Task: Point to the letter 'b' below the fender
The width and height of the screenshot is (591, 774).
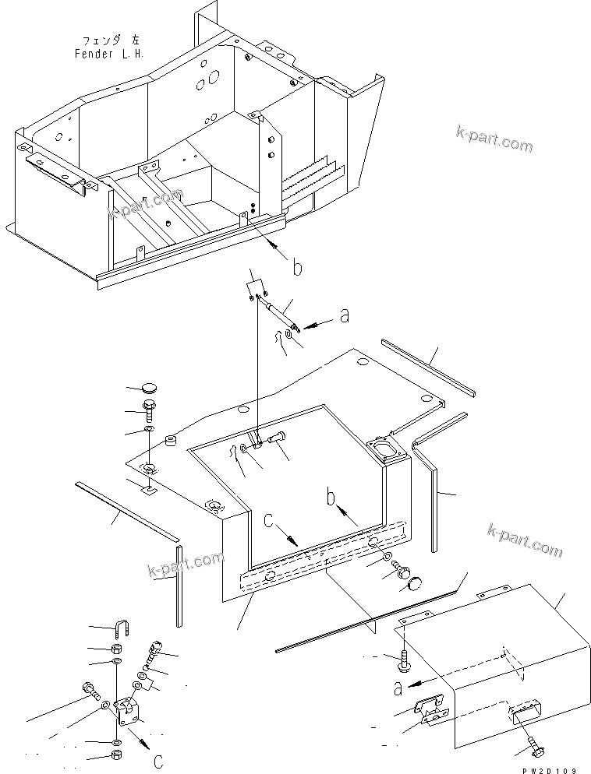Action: click(296, 269)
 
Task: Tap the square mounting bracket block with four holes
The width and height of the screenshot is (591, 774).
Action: click(126, 711)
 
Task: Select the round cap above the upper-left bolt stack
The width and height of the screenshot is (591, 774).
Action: click(150, 389)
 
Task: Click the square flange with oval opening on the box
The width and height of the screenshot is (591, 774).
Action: click(382, 451)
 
